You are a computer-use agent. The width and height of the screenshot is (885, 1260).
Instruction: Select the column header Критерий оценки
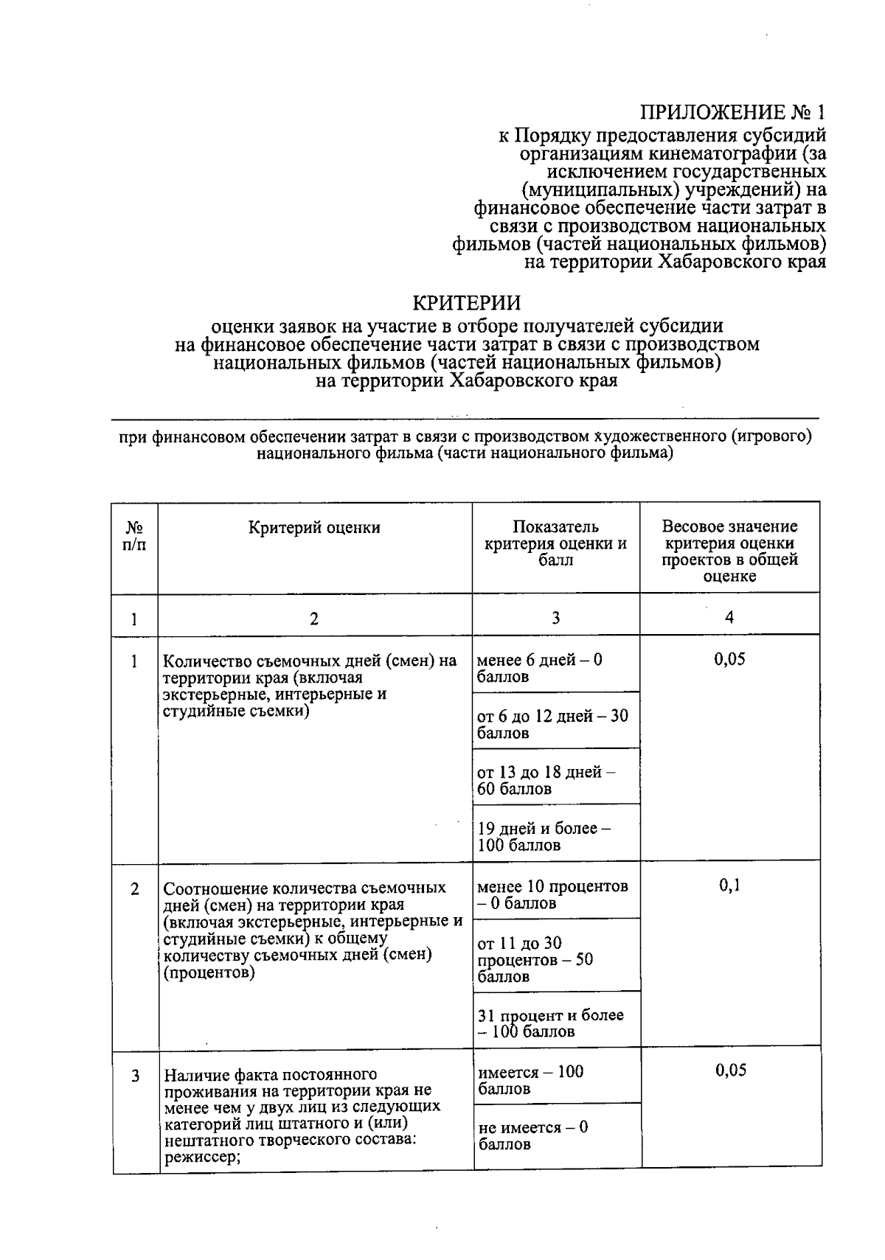(x=314, y=527)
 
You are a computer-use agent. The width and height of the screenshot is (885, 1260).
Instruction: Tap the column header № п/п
(x=134, y=536)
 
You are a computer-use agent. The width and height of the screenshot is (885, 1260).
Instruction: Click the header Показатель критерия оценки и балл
(x=555, y=543)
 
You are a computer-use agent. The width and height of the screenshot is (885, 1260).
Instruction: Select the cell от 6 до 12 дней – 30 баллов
(x=552, y=724)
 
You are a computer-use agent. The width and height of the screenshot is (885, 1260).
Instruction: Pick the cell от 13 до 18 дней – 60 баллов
(x=546, y=780)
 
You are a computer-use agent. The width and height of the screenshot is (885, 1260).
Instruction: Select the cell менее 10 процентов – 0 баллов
(x=552, y=894)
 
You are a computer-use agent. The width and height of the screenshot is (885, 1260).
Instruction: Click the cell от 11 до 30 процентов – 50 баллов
(x=535, y=959)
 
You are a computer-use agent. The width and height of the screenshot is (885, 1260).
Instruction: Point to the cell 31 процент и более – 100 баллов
(x=550, y=1023)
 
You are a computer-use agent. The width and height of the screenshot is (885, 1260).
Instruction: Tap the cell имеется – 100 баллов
(x=530, y=1080)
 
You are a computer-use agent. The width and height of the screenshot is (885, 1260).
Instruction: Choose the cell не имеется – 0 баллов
(x=532, y=1135)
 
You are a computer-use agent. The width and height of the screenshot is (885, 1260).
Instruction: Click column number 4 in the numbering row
(x=729, y=617)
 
